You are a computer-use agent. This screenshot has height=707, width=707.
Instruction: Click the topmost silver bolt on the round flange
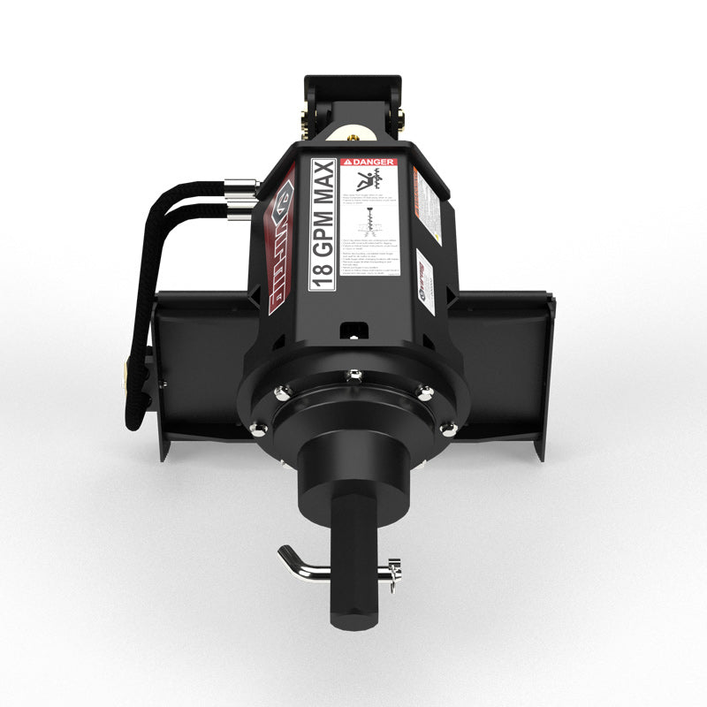355,375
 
